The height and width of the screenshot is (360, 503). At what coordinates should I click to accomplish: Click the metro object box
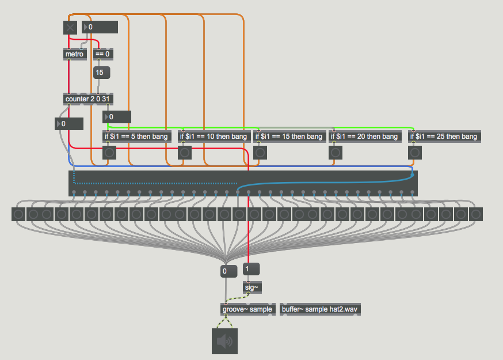[x=75, y=54]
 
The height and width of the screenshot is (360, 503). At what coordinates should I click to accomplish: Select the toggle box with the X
[x=70, y=28]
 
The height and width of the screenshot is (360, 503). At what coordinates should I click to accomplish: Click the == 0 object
[x=103, y=54]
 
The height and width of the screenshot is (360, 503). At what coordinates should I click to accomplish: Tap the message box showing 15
[x=101, y=73]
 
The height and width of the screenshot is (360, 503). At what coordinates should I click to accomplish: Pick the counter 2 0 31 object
[x=88, y=99]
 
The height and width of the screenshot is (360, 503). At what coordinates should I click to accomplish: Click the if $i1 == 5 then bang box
[x=136, y=137]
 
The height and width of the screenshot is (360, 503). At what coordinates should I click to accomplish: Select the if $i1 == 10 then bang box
[x=214, y=137]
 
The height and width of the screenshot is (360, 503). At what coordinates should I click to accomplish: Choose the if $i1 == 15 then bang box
[x=289, y=137]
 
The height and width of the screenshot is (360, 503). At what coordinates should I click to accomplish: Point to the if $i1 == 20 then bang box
[x=365, y=137]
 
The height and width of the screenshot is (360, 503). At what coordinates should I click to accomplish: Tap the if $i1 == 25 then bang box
[x=444, y=137]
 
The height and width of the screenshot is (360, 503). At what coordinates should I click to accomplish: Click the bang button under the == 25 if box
[x=415, y=153]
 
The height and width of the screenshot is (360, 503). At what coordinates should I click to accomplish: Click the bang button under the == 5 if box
[x=109, y=153]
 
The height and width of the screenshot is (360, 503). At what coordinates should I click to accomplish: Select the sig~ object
[x=252, y=287]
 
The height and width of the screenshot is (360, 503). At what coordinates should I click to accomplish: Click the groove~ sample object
[x=247, y=309]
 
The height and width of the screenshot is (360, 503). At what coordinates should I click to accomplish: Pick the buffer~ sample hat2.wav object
[x=320, y=309]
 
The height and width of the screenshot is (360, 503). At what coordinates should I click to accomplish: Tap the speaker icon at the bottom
[x=224, y=341]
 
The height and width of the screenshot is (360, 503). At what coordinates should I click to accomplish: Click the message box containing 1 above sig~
[x=251, y=269]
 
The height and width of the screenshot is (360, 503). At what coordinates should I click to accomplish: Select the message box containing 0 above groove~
[x=228, y=271]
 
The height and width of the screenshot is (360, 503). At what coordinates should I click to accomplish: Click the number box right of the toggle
[x=100, y=27]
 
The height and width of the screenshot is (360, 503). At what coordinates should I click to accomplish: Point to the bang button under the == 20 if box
[x=336, y=153]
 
